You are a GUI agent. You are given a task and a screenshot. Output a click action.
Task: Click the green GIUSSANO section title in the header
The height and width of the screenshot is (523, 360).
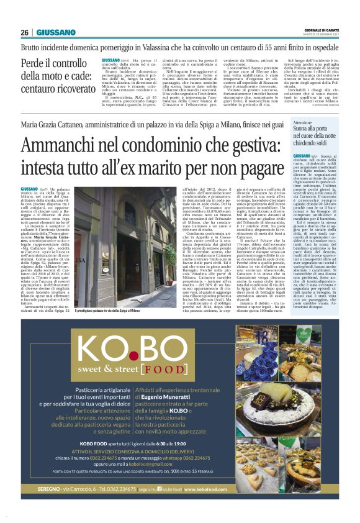(56, 32)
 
